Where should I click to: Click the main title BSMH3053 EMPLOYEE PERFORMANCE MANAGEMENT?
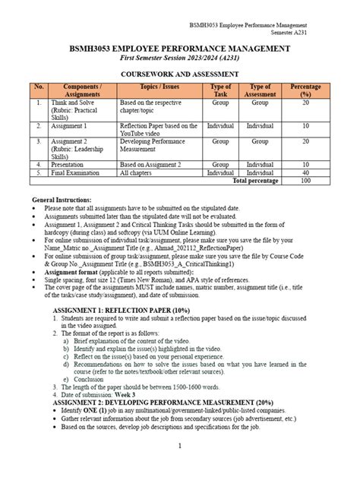pos(179,48)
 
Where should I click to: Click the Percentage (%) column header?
pos(305,91)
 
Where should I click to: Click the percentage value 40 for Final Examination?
pos(305,173)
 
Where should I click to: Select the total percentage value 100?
pos(305,182)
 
